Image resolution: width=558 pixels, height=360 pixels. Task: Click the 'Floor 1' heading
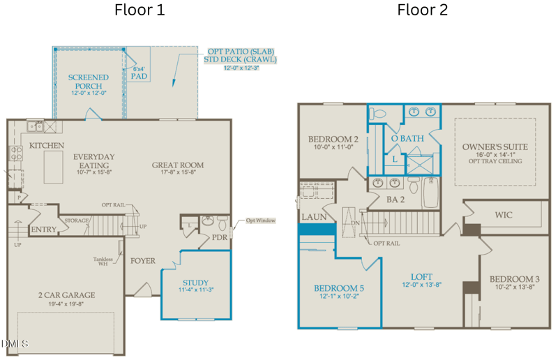[x=140, y=10]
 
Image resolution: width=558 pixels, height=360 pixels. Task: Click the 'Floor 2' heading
[x=423, y=10]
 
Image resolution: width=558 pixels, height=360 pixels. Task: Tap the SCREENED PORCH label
[x=89, y=82]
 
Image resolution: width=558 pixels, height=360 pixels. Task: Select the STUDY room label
[x=196, y=283]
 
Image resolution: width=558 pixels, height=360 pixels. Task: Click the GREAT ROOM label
[x=178, y=166]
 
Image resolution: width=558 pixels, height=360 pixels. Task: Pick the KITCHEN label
[x=47, y=146]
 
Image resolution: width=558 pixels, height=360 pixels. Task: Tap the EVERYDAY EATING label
[x=94, y=160]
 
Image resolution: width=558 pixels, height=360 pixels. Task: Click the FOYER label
[x=143, y=261]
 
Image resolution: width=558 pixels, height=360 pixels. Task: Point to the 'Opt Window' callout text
[x=260, y=221]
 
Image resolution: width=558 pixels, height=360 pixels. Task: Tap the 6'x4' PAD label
[x=139, y=73]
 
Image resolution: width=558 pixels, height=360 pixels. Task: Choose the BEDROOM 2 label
[x=333, y=140]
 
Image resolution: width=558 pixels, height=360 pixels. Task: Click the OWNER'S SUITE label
[x=495, y=147]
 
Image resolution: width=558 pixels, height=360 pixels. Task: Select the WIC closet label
[x=504, y=216]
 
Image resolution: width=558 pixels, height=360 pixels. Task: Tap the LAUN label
[x=313, y=218]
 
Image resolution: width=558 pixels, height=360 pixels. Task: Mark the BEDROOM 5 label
[x=338, y=288]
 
